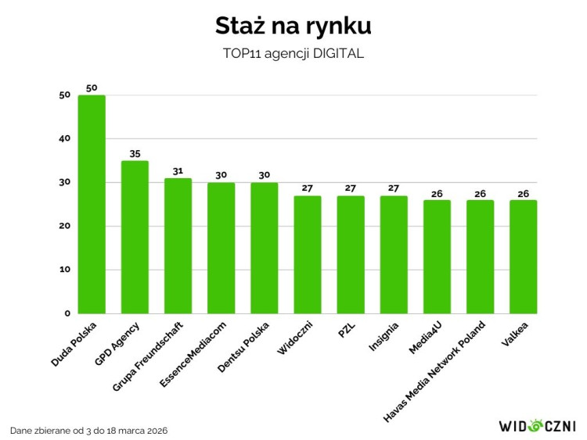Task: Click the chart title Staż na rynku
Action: [293, 26]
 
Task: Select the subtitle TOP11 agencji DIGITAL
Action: [293, 55]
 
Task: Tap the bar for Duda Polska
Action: [92, 203]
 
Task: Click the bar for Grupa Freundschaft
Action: [178, 245]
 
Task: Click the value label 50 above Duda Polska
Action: [92, 88]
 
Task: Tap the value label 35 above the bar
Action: [135, 153]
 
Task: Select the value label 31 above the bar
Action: [178, 171]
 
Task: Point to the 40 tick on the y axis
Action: [64, 139]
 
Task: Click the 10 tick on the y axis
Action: [64, 270]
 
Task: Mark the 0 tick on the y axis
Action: [67, 313]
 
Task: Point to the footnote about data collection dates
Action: [88, 431]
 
